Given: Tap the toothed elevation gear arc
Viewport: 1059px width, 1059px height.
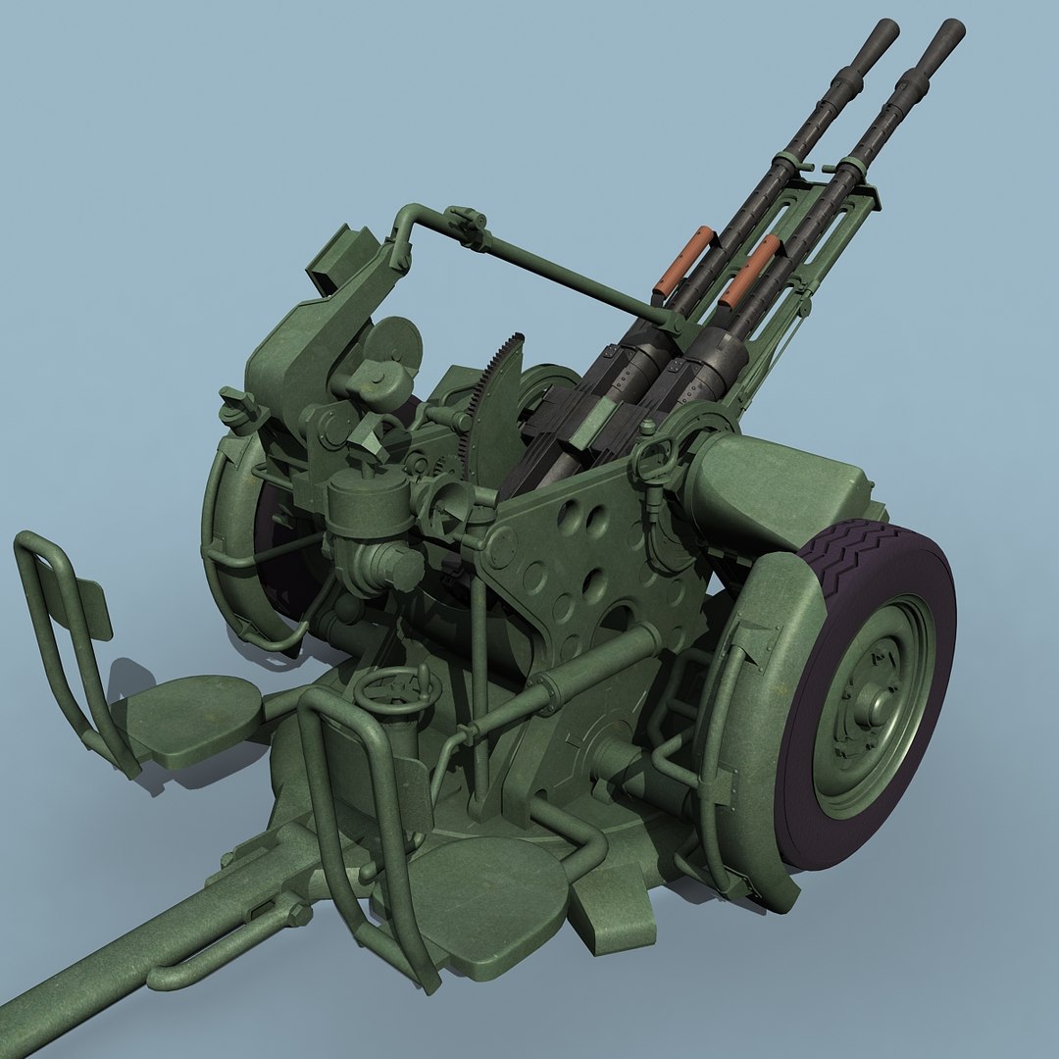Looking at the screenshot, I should point(495,392).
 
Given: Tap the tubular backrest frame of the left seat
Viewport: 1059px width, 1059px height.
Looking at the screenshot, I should point(59,628).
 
